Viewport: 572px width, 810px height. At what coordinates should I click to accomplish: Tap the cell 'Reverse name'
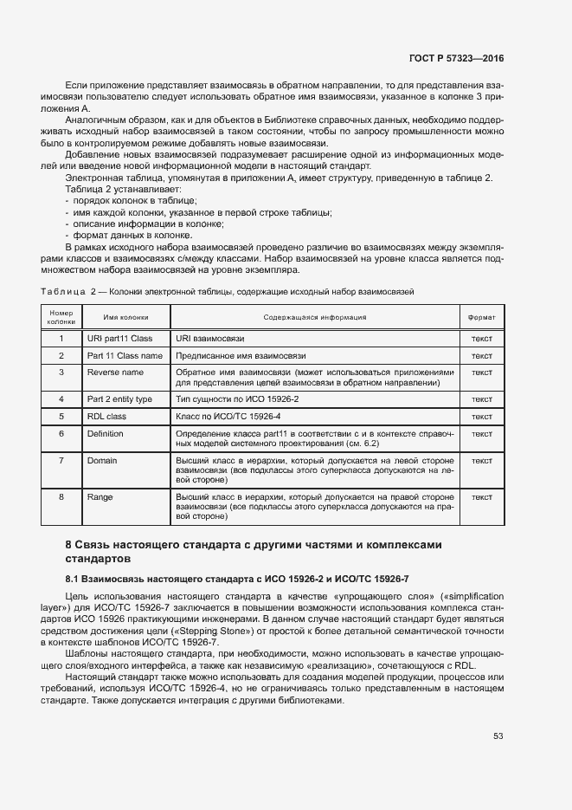115,373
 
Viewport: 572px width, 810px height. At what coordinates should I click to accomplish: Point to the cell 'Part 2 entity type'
119,399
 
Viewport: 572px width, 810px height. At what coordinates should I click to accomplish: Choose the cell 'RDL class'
106,417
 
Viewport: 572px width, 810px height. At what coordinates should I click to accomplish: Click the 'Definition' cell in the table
105,433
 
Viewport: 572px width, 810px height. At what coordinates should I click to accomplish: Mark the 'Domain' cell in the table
102,461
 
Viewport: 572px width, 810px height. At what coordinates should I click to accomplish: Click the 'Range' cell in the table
100,497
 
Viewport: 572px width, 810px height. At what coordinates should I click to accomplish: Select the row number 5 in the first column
61,417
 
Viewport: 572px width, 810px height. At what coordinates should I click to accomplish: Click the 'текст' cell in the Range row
481,497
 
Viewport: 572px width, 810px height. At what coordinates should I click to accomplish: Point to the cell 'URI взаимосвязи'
209,339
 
